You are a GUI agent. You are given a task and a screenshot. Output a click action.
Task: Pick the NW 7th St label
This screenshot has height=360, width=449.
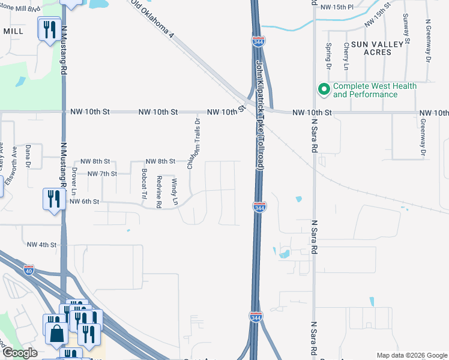[x=103, y=173]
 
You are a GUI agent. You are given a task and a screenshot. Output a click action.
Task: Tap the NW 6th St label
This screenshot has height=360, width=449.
[x=84, y=202]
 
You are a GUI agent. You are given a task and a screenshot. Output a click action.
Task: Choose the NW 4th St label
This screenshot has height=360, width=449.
[x=42, y=245]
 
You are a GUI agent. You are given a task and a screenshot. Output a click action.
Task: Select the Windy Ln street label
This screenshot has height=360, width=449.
[x=175, y=191]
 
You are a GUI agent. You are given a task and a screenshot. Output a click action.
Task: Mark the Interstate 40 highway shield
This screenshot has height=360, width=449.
[x=29, y=270]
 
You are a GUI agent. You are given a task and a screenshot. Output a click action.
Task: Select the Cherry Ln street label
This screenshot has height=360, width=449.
[x=346, y=53]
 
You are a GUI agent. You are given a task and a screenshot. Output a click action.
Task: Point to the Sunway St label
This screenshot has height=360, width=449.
[x=406, y=28]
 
